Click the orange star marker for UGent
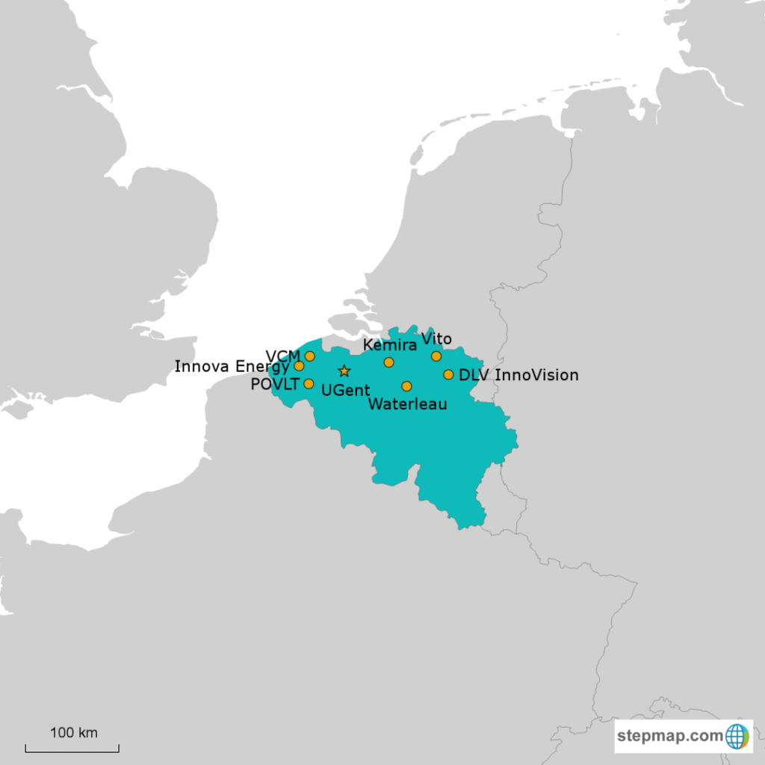pyautogui.click(x=344, y=371)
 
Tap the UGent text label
pyautogui.click(x=344, y=389)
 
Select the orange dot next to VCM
pyautogui.click(x=310, y=356)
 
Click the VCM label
pyautogui.click(x=283, y=355)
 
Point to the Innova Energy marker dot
pyautogui.click(x=300, y=366)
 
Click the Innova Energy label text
pyautogui.click(x=232, y=366)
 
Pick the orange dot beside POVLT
pyautogui.click(x=309, y=384)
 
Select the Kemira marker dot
pyautogui.click(x=388, y=362)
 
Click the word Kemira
pyautogui.click(x=389, y=345)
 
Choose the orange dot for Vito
pyautogui.click(x=436, y=356)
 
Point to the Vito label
pyautogui.click(x=436, y=339)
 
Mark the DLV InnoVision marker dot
pyautogui.click(x=448, y=375)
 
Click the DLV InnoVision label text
pyautogui.click(x=518, y=375)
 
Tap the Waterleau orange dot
pyautogui.click(x=406, y=386)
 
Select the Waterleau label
pyautogui.click(x=408, y=404)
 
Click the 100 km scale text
pyautogui.click(x=73, y=732)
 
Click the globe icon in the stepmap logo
pyautogui.click(x=737, y=736)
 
